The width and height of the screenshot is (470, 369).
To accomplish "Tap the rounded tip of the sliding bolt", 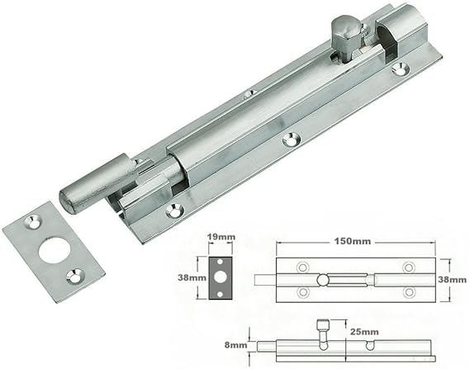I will tap(69, 201).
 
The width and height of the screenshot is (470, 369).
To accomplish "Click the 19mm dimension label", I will tap(222, 237).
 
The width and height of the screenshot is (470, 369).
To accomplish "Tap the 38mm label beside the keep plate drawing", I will tap(192, 278).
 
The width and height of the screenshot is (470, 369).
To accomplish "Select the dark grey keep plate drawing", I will tap(222, 278).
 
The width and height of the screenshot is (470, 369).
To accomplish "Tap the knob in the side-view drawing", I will tap(325, 325).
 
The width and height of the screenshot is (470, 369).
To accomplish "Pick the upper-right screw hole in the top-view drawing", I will tap(407, 267).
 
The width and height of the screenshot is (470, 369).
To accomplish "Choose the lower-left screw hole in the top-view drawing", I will tap(302, 292).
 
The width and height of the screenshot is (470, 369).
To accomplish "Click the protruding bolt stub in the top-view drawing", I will tap(268, 279).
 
